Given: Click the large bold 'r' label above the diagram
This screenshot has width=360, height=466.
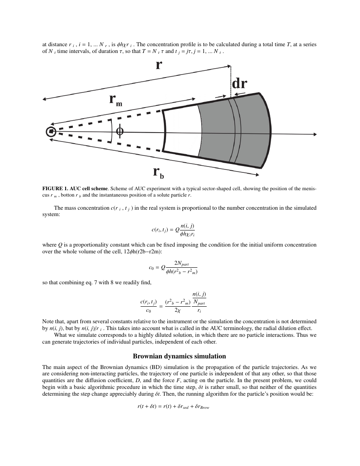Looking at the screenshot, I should pyautogui.click(x=158, y=65).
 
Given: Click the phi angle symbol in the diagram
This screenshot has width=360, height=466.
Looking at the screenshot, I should pyautogui.click(x=120, y=132).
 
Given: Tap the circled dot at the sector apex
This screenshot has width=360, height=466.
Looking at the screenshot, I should pyautogui.click(x=51, y=132).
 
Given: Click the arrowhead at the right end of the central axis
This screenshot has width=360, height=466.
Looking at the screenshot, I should pyautogui.click(x=315, y=134).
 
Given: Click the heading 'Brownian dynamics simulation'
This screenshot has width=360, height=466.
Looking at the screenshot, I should pyautogui.click(x=180, y=356).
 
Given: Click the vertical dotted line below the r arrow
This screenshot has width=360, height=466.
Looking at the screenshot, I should pyautogui.click(x=230, y=80).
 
